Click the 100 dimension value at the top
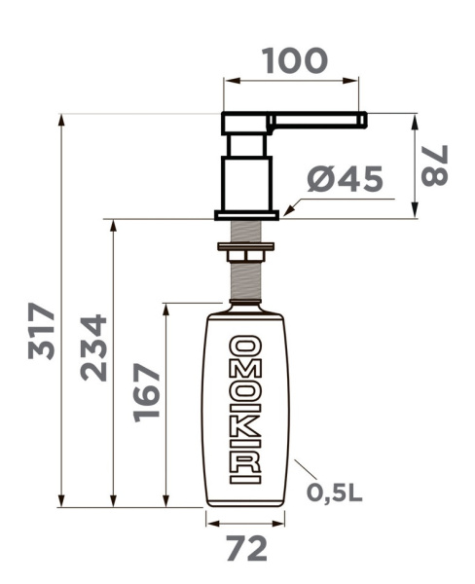[295, 60]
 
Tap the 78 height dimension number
[434, 165]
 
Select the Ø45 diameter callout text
[346, 179]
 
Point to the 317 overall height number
[41, 331]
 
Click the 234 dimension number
[93, 347]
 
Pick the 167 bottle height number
[146, 392]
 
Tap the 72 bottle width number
[247, 548]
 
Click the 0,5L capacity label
[334, 493]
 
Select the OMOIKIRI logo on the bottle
[245, 410]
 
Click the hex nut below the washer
[246, 256]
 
